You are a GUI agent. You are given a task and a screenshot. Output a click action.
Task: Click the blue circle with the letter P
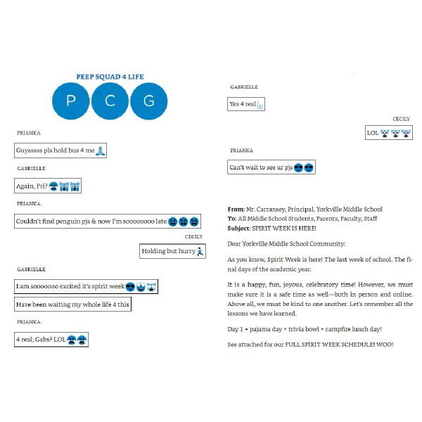[x=71, y=101]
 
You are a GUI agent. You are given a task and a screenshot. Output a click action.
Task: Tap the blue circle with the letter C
[x=110, y=101]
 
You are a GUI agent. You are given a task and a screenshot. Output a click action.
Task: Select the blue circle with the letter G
[x=148, y=101]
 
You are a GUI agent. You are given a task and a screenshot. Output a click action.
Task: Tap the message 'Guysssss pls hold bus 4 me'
[x=60, y=151]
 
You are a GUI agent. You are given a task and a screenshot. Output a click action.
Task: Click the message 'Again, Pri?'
[x=49, y=186]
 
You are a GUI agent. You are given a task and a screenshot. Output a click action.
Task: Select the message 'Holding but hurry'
[x=172, y=250]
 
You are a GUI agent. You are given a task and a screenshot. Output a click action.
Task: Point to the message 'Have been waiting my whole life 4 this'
[x=73, y=305]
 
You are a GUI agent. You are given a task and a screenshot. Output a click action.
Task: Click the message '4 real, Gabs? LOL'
[x=51, y=340]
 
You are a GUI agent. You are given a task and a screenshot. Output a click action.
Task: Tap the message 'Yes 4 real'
[x=246, y=105]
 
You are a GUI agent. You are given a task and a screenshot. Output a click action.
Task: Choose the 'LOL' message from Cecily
[x=388, y=132]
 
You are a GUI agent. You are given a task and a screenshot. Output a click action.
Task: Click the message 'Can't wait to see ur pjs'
[x=271, y=167]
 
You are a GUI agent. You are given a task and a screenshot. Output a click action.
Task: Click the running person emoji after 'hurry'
[x=200, y=250]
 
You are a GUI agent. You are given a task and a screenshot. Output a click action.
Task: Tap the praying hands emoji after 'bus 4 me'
[x=101, y=151]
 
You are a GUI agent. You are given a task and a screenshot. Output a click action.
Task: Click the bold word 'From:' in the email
[x=236, y=209]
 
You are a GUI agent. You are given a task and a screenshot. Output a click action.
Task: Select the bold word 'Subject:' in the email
[x=239, y=228]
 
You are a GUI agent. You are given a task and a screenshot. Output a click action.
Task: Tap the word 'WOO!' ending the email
[x=385, y=344]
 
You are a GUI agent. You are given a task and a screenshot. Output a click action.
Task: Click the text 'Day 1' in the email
[x=236, y=329]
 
